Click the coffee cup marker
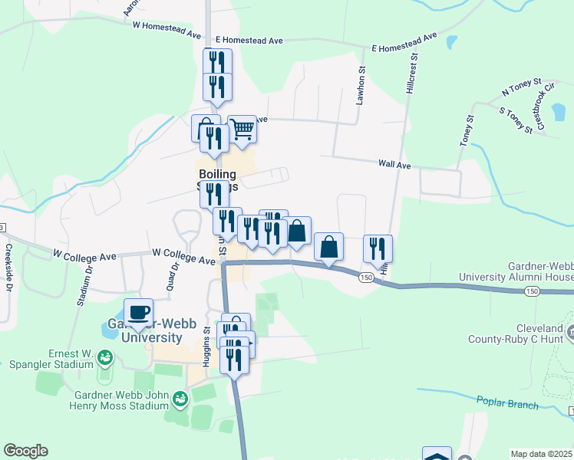138,313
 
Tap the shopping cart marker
242,130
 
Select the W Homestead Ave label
167,25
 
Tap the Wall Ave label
394,165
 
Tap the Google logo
25,451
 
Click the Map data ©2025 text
541,454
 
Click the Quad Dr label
173,277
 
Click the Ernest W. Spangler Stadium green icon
104,357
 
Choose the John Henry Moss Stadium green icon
180,399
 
